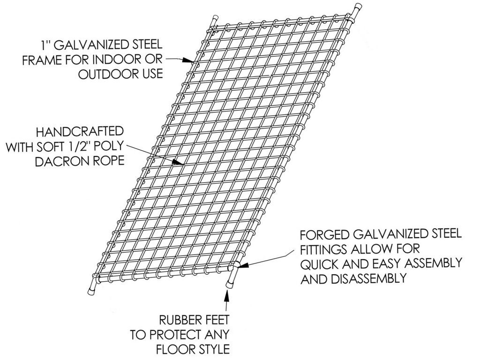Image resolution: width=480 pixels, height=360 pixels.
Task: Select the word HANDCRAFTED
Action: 80,132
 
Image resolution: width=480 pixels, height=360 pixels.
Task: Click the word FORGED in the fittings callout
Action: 324,235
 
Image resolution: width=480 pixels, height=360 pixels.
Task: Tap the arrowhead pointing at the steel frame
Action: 188,61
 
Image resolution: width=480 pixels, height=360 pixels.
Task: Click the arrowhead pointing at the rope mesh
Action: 178,163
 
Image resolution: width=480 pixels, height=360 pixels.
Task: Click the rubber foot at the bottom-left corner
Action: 91,289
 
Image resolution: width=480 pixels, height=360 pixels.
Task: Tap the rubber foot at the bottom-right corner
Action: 229,284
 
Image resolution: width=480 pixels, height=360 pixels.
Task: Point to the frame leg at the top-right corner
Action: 356,10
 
